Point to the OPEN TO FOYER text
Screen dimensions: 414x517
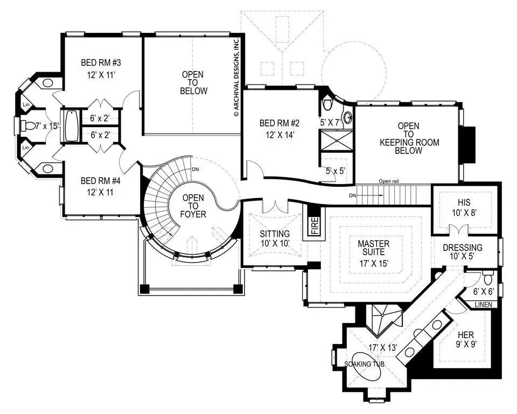point(193,206)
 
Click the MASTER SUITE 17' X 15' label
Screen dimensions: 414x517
point(374,254)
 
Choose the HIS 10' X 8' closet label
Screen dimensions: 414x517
point(464,207)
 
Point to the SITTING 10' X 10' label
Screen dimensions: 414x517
point(275,238)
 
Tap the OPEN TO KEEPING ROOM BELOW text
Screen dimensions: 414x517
point(409,138)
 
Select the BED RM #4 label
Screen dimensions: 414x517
point(101,185)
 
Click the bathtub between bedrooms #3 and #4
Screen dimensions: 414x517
point(71,126)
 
